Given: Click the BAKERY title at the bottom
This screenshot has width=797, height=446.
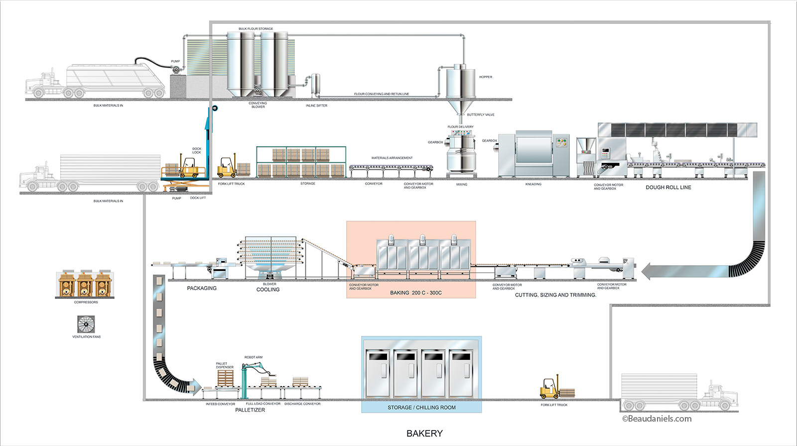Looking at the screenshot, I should click(x=424, y=434).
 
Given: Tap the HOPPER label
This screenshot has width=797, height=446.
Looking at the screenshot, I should click(x=486, y=77).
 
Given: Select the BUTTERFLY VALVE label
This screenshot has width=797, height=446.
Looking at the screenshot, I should click(x=481, y=115).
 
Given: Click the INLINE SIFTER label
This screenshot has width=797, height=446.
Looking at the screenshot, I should click(x=316, y=106).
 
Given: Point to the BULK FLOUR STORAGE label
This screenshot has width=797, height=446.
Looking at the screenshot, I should click(x=256, y=29).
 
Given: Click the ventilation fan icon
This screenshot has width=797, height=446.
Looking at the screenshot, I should click(x=86, y=324).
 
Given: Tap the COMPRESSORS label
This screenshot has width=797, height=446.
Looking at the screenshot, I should click(x=86, y=302).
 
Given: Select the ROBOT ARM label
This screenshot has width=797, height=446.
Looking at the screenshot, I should click(x=253, y=357).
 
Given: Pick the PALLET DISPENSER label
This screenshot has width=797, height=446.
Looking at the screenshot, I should click(x=224, y=365).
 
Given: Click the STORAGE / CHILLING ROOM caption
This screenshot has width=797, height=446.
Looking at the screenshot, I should click(x=421, y=408).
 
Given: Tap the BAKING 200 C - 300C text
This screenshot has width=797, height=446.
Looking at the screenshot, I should click(x=415, y=293).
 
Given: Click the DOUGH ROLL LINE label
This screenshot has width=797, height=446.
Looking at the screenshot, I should click(x=668, y=188).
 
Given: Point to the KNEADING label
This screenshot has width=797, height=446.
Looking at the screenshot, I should click(x=533, y=184).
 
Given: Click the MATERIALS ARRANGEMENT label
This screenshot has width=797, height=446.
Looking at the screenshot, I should click(x=392, y=158).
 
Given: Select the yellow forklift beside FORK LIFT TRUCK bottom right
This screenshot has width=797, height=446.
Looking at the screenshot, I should click(x=549, y=389).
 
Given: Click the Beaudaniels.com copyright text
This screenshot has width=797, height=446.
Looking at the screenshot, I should click(x=657, y=419).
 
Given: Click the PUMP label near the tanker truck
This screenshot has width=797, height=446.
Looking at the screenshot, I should click(x=175, y=62).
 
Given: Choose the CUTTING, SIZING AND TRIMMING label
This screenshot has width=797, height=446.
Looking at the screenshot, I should click(x=555, y=295).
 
